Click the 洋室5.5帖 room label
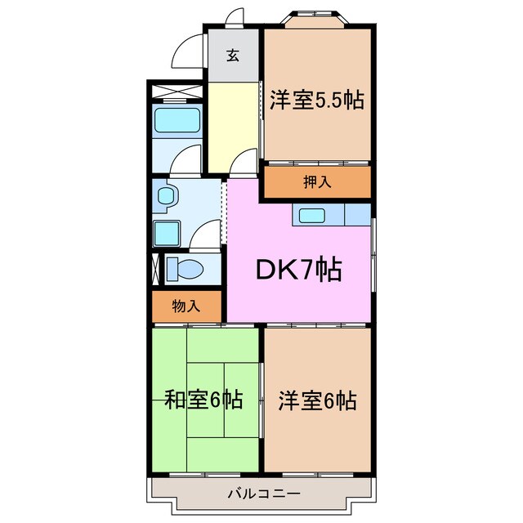[316, 101]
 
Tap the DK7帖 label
[300, 269]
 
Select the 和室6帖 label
[203, 400]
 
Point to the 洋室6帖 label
[316, 400]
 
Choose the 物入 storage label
[186, 306]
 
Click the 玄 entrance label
[233, 56]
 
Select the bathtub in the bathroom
[177, 122]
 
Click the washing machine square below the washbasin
[168, 232]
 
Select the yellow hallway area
[232, 123]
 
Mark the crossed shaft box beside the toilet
[156, 269]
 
